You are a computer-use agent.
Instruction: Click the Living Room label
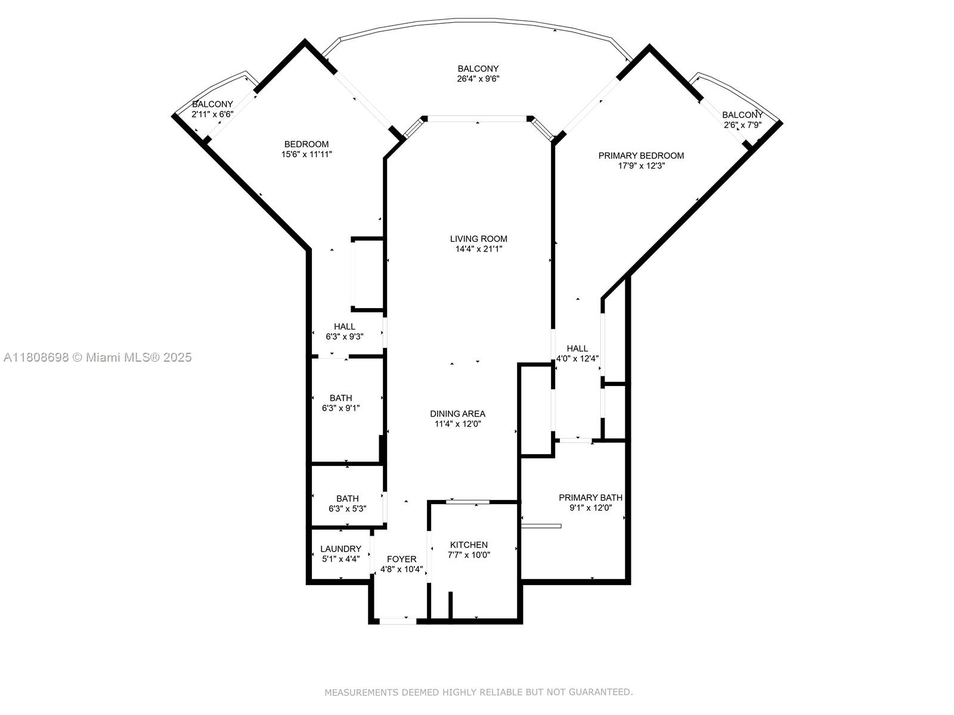(478, 239)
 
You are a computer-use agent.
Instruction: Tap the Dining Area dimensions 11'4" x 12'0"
(457, 424)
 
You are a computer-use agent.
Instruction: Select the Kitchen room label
(469, 545)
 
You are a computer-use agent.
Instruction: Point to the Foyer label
(401, 559)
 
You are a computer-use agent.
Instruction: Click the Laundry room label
(340, 549)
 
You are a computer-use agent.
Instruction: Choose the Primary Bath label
(590, 498)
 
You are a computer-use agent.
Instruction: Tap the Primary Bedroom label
(641, 156)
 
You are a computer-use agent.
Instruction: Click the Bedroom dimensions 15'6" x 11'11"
(306, 154)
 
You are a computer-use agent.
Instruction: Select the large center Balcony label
(478, 69)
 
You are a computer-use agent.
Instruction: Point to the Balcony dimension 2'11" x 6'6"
(212, 114)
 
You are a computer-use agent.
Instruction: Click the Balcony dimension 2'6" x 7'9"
(742, 125)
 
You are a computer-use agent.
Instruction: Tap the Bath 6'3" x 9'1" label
(340, 398)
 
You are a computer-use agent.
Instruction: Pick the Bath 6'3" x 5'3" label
(347, 499)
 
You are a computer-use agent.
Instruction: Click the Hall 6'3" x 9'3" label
(344, 327)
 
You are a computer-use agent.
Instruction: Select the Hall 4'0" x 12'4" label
(577, 349)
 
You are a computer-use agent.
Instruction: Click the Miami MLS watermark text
(97, 357)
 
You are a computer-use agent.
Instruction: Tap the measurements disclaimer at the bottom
(478, 692)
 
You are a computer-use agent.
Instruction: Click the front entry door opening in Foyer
(398, 621)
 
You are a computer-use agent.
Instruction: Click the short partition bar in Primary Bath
(541, 526)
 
